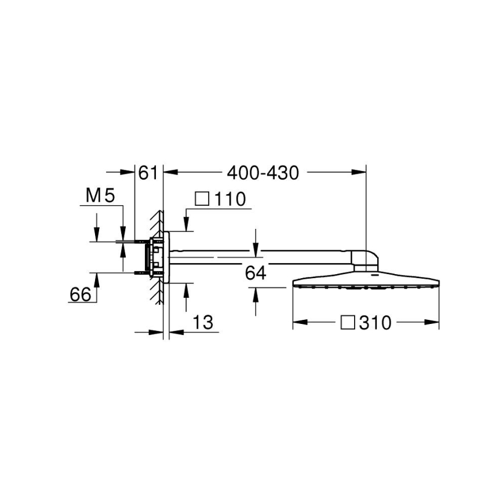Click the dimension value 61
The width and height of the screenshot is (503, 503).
pos(148,173)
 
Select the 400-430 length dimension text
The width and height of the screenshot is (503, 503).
pos(263,173)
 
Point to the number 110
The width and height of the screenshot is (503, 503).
pos(230,199)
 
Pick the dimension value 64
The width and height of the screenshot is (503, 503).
pos(255,273)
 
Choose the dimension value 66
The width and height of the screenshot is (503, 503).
pos(81,294)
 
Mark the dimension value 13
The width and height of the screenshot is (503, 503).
pos(202,322)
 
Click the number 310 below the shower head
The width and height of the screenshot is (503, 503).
pos(374,323)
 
